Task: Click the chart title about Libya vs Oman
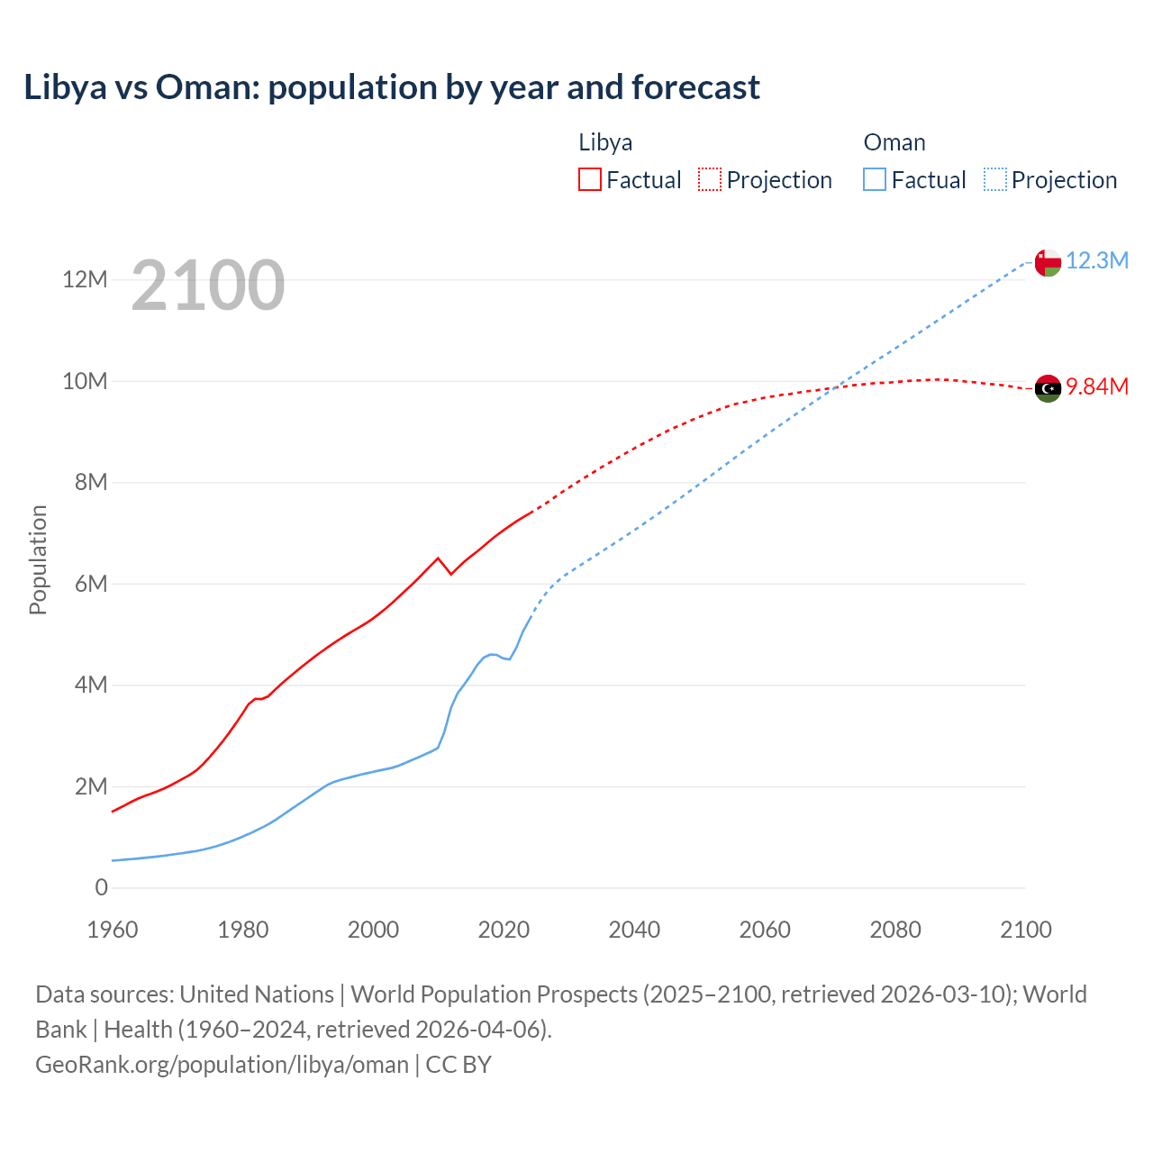click(x=392, y=87)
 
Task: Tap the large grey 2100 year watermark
click(x=208, y=286)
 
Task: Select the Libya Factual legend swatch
click(x=589, y=179)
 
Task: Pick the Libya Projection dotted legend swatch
click(x=710, y=179)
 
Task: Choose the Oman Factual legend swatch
click(x=875, y=179)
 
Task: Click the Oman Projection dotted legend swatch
click(x=995, y=179)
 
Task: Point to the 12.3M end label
click(x=1096, y=260)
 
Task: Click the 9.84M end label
click(x=1096, y=386)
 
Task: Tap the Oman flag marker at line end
click(x=1048, y=262)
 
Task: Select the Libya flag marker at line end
click(x=1048, y=388)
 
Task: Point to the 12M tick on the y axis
click(x=85, y=279)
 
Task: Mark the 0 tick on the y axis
click(x=101, y=887)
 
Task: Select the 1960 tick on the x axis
click(x=113, y=930)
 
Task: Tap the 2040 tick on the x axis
click(x=634, y=930)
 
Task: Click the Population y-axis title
click(x=38, y=559)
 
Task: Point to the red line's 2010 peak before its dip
click(x=438, y=558)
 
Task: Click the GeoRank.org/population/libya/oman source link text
click(x=222, y=1064)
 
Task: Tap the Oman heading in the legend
click(x=894, y=142)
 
